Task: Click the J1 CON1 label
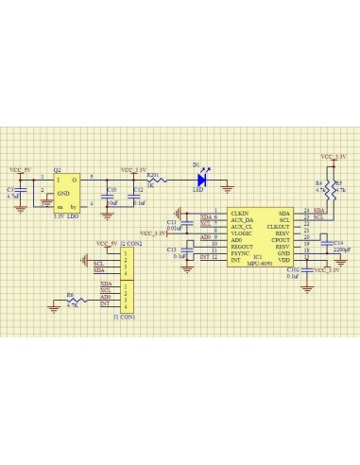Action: [123, 317]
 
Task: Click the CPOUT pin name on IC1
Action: [280, 241]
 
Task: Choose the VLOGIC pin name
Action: [241, 231]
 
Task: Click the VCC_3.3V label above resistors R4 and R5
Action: [333, 156]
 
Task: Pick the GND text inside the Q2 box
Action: [62, 192]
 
